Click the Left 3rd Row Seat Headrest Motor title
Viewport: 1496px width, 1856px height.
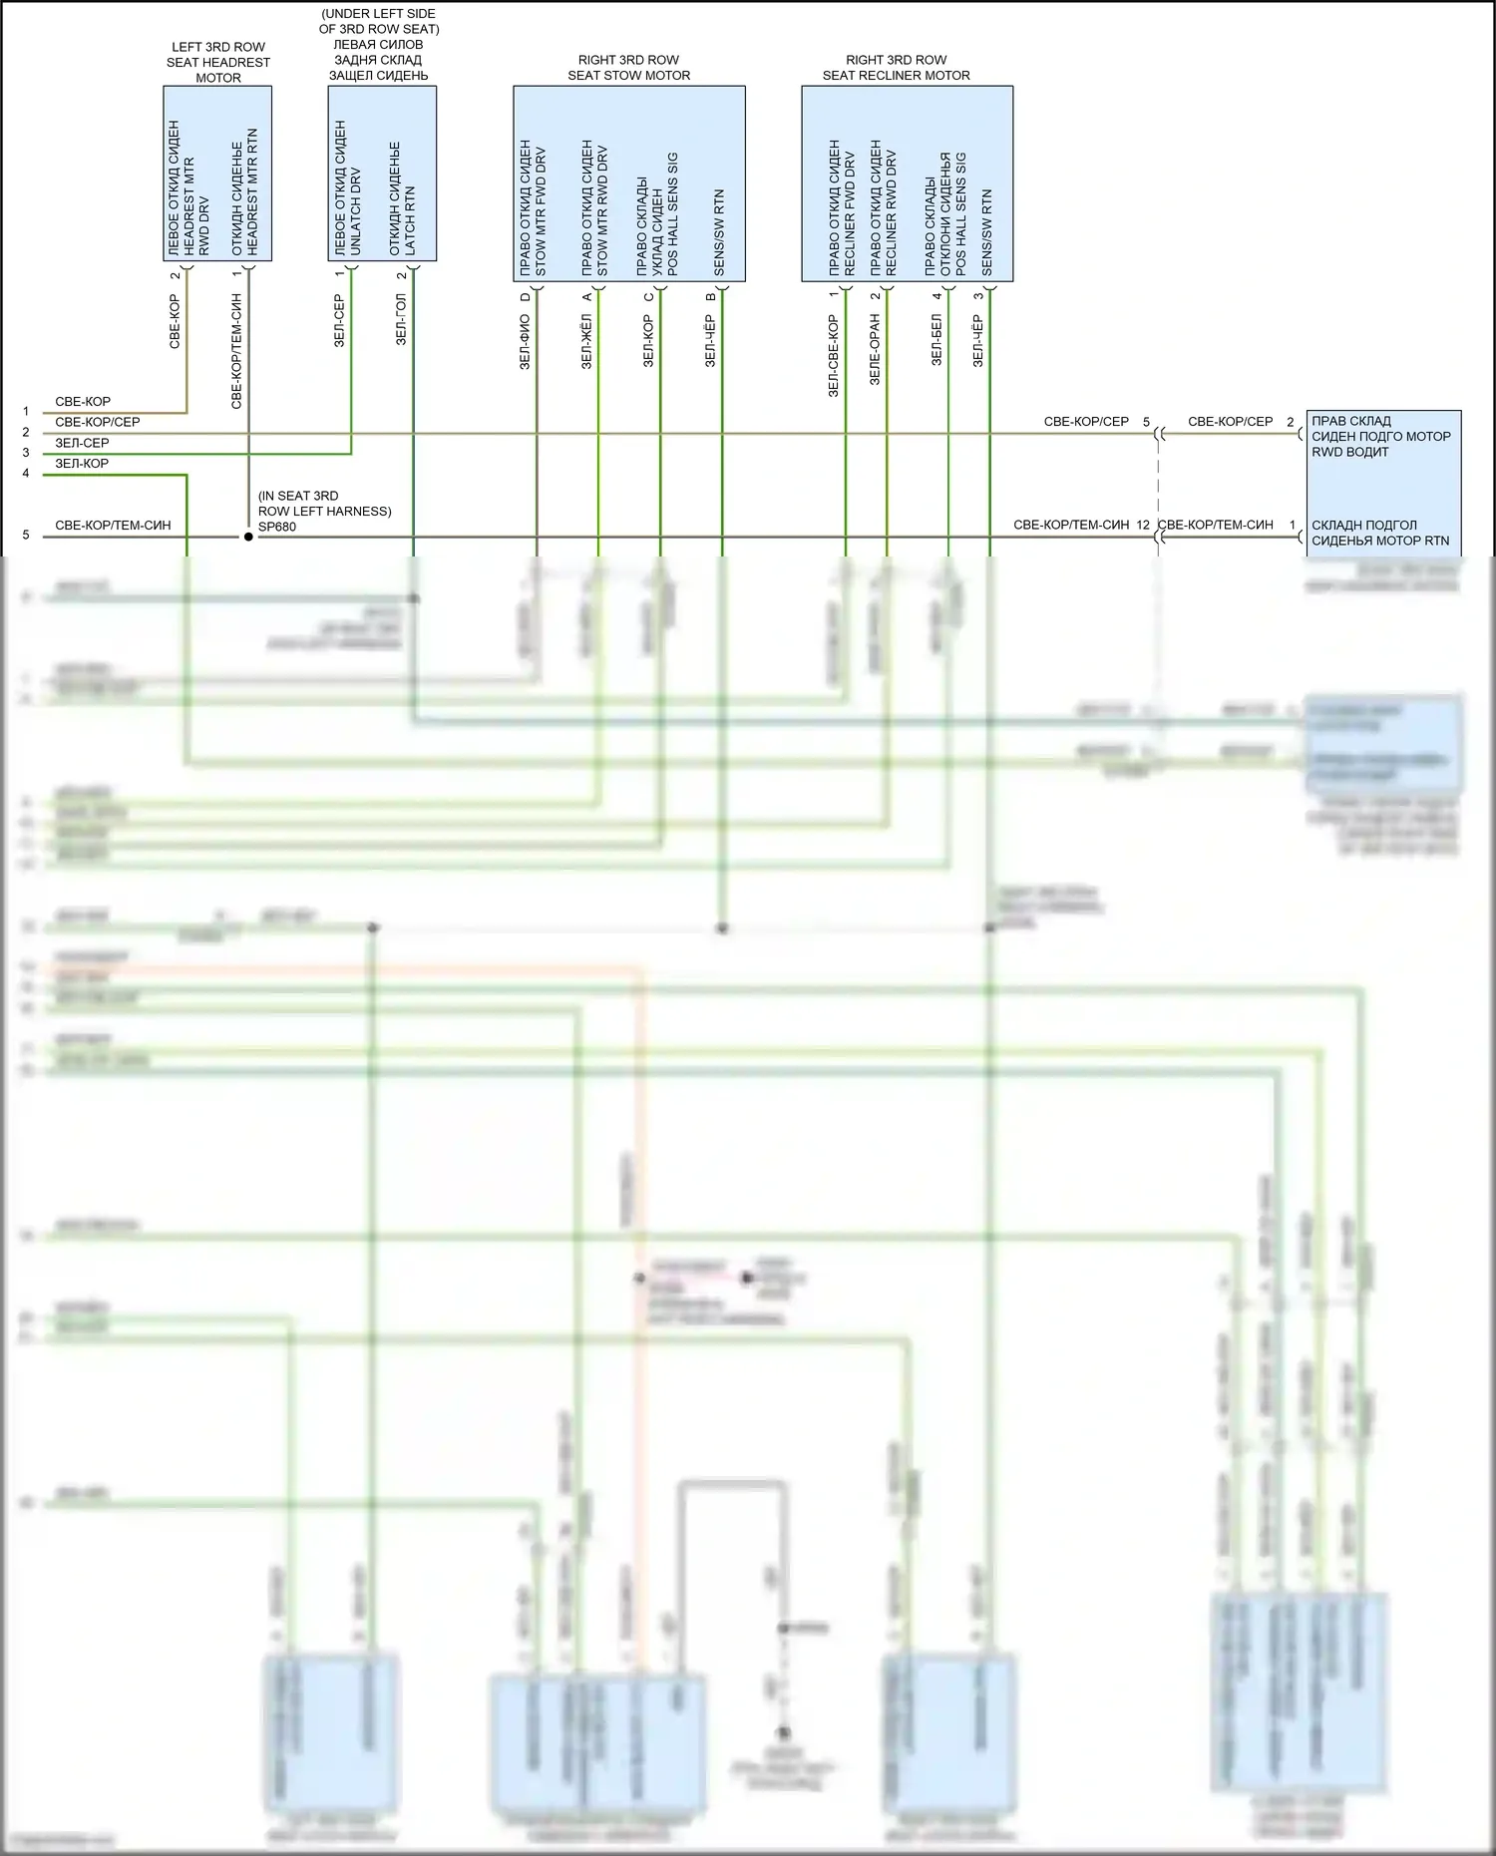tap(217, 62)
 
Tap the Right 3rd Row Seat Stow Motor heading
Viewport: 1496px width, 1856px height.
tap(628, 68)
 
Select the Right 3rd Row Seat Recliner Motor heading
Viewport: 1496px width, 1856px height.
tap(896, 68)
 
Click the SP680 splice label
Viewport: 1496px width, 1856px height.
tap(277, 527)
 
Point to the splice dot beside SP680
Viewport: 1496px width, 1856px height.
tap(248, 537)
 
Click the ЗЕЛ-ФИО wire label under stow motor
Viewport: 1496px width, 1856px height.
tap(525, 342)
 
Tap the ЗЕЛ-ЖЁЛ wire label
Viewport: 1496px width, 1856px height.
tap(586, 342)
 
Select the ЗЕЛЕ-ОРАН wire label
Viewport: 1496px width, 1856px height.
tap(875, 349)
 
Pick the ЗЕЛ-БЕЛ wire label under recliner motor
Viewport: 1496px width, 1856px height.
tap(936, 340)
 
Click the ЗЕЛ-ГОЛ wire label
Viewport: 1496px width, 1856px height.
tap(401, 320)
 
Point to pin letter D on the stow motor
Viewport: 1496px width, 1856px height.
tap(526, 296)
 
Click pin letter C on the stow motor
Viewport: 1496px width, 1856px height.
tap(649, 296)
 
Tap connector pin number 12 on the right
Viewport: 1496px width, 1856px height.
tap(1142, 525)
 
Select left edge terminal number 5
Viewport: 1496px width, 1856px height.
tap(26, 536)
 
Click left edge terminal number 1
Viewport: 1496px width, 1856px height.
tap(26, 411)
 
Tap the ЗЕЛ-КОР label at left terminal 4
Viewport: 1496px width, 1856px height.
tap(82, 463)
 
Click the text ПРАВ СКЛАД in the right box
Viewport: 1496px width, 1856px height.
tap(1350, 421)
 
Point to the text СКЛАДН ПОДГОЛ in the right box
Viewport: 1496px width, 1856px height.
tap(1363, 525)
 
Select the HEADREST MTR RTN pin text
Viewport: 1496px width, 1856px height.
tap(252, 190)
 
